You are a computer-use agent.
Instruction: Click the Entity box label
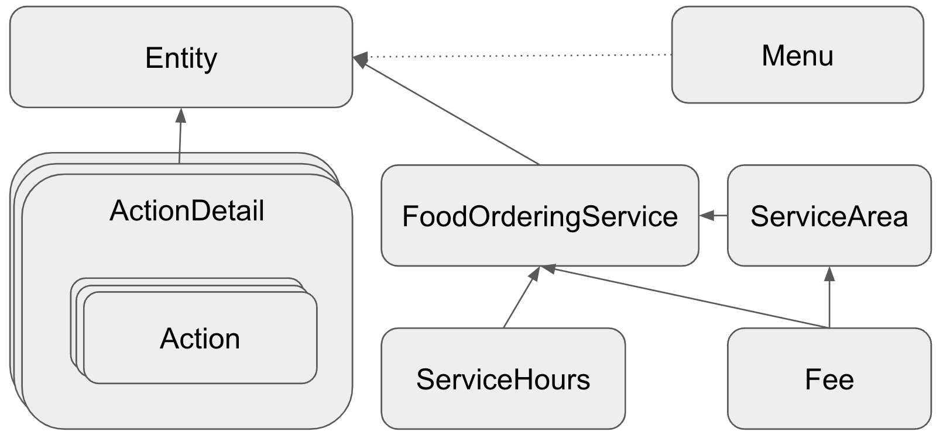(181, 58)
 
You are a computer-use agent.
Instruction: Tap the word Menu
(797, 56)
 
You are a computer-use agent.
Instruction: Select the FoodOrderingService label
(540, 217)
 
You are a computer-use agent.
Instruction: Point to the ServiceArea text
(829, 217)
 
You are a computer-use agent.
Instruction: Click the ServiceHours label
(503, 379)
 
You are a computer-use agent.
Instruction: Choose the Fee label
(829, 379)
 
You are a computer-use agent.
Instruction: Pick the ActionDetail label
(187, 211)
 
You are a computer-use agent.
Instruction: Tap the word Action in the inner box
(200, 339)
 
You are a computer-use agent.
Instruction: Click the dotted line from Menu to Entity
(515, 56)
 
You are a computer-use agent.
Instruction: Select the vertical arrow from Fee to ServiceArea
(829, 298)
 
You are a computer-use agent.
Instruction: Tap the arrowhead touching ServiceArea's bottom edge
(829, 274)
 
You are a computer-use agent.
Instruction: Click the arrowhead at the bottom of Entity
(181, 115)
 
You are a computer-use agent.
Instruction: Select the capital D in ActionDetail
(201, 211)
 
